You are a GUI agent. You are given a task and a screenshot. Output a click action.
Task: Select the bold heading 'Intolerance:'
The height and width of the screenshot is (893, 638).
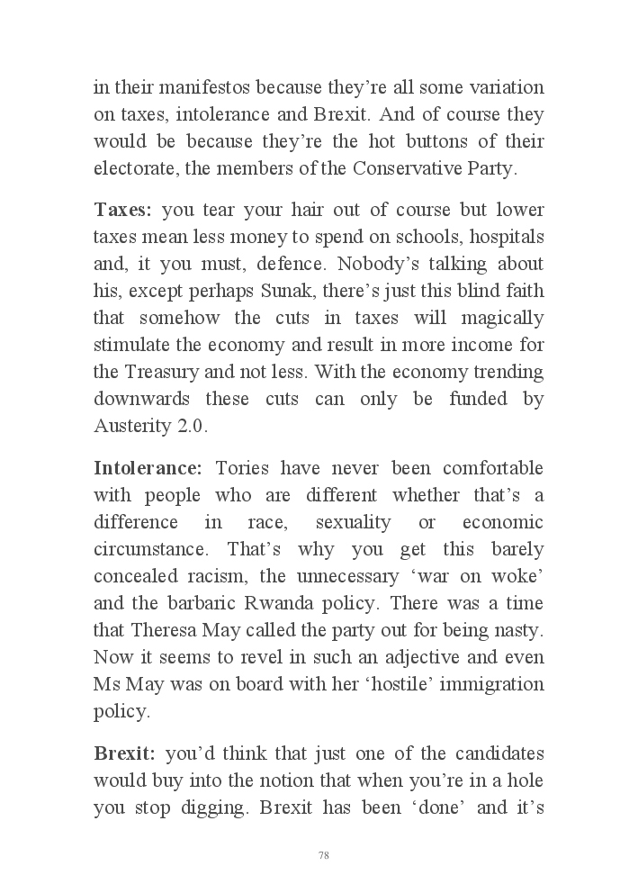(148, 468)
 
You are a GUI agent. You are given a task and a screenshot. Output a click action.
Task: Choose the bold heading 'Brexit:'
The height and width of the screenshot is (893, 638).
(125, 753)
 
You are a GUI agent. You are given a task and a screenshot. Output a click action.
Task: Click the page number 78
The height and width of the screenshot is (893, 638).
(323, 854)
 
